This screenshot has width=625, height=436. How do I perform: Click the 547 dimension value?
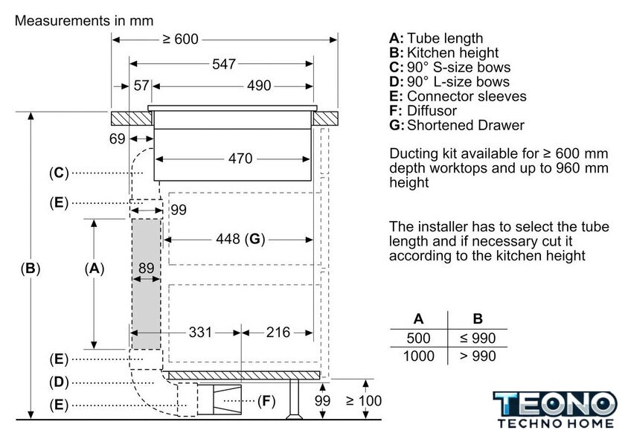[224, 64]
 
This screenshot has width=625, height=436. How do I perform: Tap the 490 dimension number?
[259, 86]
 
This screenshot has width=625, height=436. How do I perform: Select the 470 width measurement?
[240, 158]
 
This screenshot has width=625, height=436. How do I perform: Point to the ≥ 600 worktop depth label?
[181, 39]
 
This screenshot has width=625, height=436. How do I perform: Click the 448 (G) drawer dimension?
[240, 239]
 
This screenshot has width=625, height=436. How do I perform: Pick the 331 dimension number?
[200, 332]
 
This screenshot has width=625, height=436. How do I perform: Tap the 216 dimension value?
[278, 332]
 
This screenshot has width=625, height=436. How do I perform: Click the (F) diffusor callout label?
[266, 400]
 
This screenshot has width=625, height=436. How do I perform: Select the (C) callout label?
[59, 173]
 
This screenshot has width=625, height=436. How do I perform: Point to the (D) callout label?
[59, 382]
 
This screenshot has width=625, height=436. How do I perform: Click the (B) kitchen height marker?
[31, 269]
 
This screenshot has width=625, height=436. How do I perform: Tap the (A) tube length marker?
[94, 269]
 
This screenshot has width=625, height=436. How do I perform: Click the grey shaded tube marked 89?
[147, 283]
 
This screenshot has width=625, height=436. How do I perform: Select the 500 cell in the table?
[418, 338]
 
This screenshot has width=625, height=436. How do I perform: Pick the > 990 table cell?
[478, 356]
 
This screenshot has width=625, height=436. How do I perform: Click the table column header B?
[478, 319]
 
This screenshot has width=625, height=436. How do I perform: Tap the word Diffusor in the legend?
[432, 110]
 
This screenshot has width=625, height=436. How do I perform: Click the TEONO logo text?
[555, 404]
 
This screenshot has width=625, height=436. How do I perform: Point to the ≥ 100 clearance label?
[364, 400]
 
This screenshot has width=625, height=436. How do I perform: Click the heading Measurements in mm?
[84, 21]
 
